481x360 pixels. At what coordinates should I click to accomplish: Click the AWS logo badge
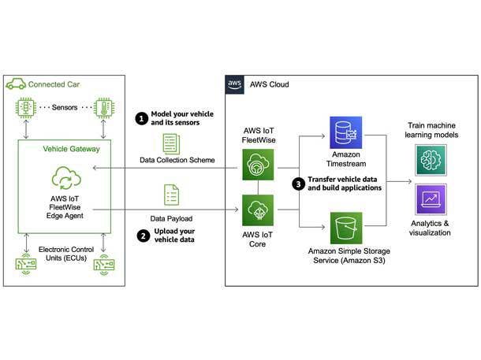click(235, 85)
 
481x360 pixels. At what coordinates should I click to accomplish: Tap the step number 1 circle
click(142, 118)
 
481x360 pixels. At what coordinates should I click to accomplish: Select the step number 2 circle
click(142, 235)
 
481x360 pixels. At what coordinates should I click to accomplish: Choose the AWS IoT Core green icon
click(257, 210)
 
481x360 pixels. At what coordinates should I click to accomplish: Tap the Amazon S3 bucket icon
click(345, 229)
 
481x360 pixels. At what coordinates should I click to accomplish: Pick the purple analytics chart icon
click(431, 200)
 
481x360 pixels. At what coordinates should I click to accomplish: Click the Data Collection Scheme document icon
click(170, 144)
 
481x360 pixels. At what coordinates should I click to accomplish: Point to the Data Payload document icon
click(170, 195)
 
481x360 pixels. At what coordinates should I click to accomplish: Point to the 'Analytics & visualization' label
click(430, 229)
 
